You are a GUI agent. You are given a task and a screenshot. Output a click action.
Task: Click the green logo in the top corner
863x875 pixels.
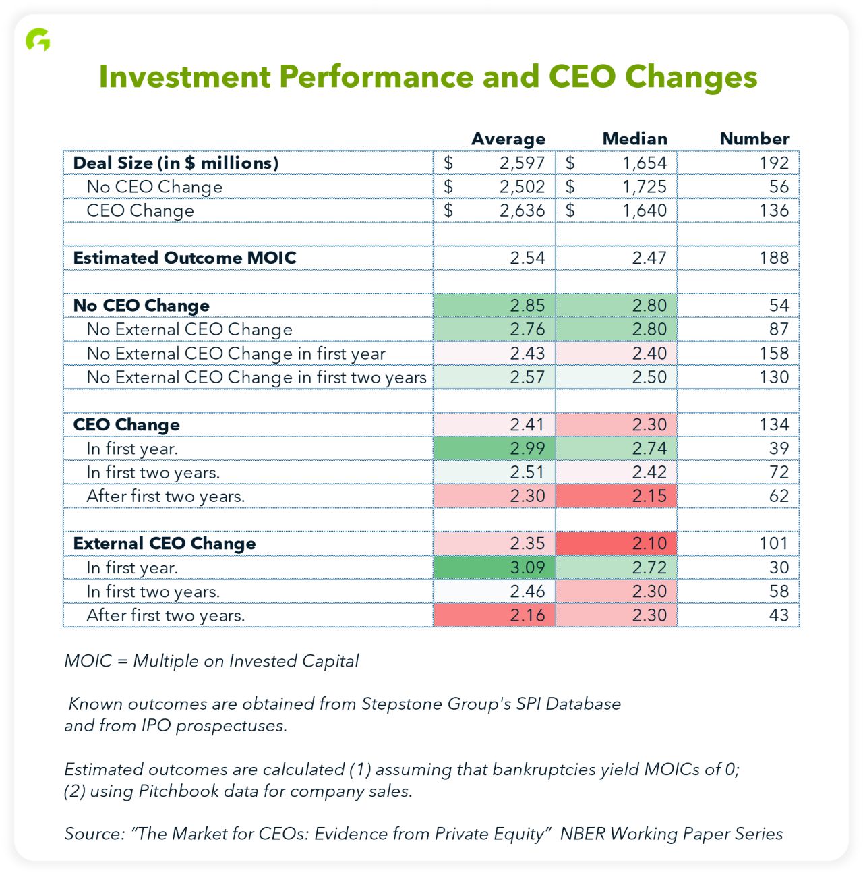tap(38, 40)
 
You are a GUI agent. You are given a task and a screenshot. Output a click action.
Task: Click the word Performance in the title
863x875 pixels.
tap(376, 77)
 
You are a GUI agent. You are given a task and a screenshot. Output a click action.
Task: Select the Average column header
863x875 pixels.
tap(508, 139)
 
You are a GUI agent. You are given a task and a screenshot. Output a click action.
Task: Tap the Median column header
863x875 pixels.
tap(634, 138)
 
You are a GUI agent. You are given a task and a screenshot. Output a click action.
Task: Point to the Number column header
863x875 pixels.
tap(754, 138)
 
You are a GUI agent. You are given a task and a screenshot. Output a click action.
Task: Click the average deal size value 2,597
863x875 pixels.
tap(522, 163)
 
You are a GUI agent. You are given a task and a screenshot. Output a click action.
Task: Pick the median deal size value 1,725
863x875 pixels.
tap(644, 187)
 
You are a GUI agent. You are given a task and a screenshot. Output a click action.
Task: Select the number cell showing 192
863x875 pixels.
tap(774, 163)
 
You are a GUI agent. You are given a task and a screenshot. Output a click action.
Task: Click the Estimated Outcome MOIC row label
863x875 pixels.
tap(184, 258)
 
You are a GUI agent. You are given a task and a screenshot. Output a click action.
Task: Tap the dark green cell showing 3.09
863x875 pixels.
tap(494, 567)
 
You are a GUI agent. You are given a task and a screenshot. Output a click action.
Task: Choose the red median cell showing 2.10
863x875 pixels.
tap(616, 544)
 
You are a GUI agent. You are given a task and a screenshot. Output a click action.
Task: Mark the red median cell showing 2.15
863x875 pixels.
tap(616, 496)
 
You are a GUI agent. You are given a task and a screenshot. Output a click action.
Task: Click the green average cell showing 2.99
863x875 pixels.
tap(494, 448)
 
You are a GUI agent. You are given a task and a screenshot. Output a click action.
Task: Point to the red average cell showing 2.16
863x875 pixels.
tap(494, 615)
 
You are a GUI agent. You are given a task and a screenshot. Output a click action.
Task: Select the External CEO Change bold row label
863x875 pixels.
tap(165, 544)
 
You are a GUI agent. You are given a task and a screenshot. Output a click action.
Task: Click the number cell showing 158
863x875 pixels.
tap(774, 354)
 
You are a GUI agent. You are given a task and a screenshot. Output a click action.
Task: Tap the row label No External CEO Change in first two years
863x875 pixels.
tap(256, 377)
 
